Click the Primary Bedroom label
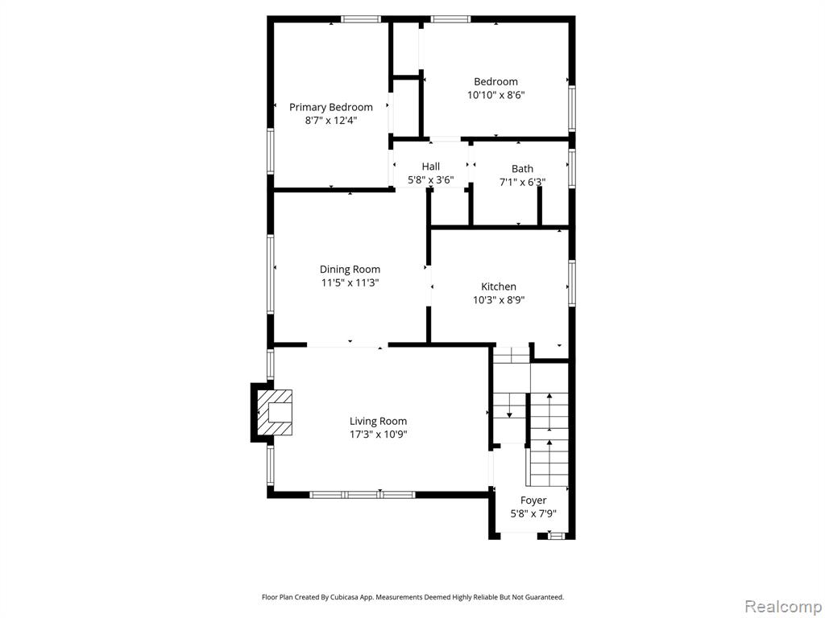point(331,107)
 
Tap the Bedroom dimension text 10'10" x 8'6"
point(496,95)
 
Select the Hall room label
point(430,167)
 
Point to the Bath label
point(522,169)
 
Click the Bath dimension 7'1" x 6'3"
point(522,183)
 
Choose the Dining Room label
point(350,270)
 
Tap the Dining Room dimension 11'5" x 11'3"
point(350,282)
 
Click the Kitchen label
point(499,286)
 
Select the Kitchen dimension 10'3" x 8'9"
point(499,300)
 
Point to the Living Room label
point(379,422)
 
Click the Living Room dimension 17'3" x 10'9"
point(379,435)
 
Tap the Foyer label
point(533,501)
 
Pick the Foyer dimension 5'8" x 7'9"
point(533,514)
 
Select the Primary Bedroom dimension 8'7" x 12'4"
point(331,121)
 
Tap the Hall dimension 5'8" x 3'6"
point(430,179)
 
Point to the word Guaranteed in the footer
point(547,597)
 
